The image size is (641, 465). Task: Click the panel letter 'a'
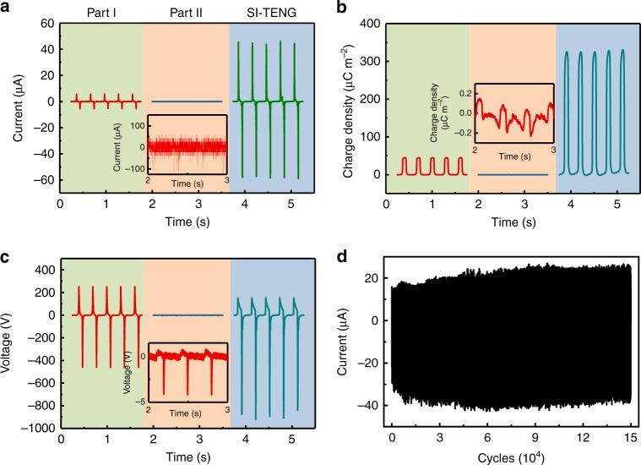(8, 8)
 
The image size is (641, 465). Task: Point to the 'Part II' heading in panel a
(186, 13)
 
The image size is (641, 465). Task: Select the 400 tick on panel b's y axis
(369, 24)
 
